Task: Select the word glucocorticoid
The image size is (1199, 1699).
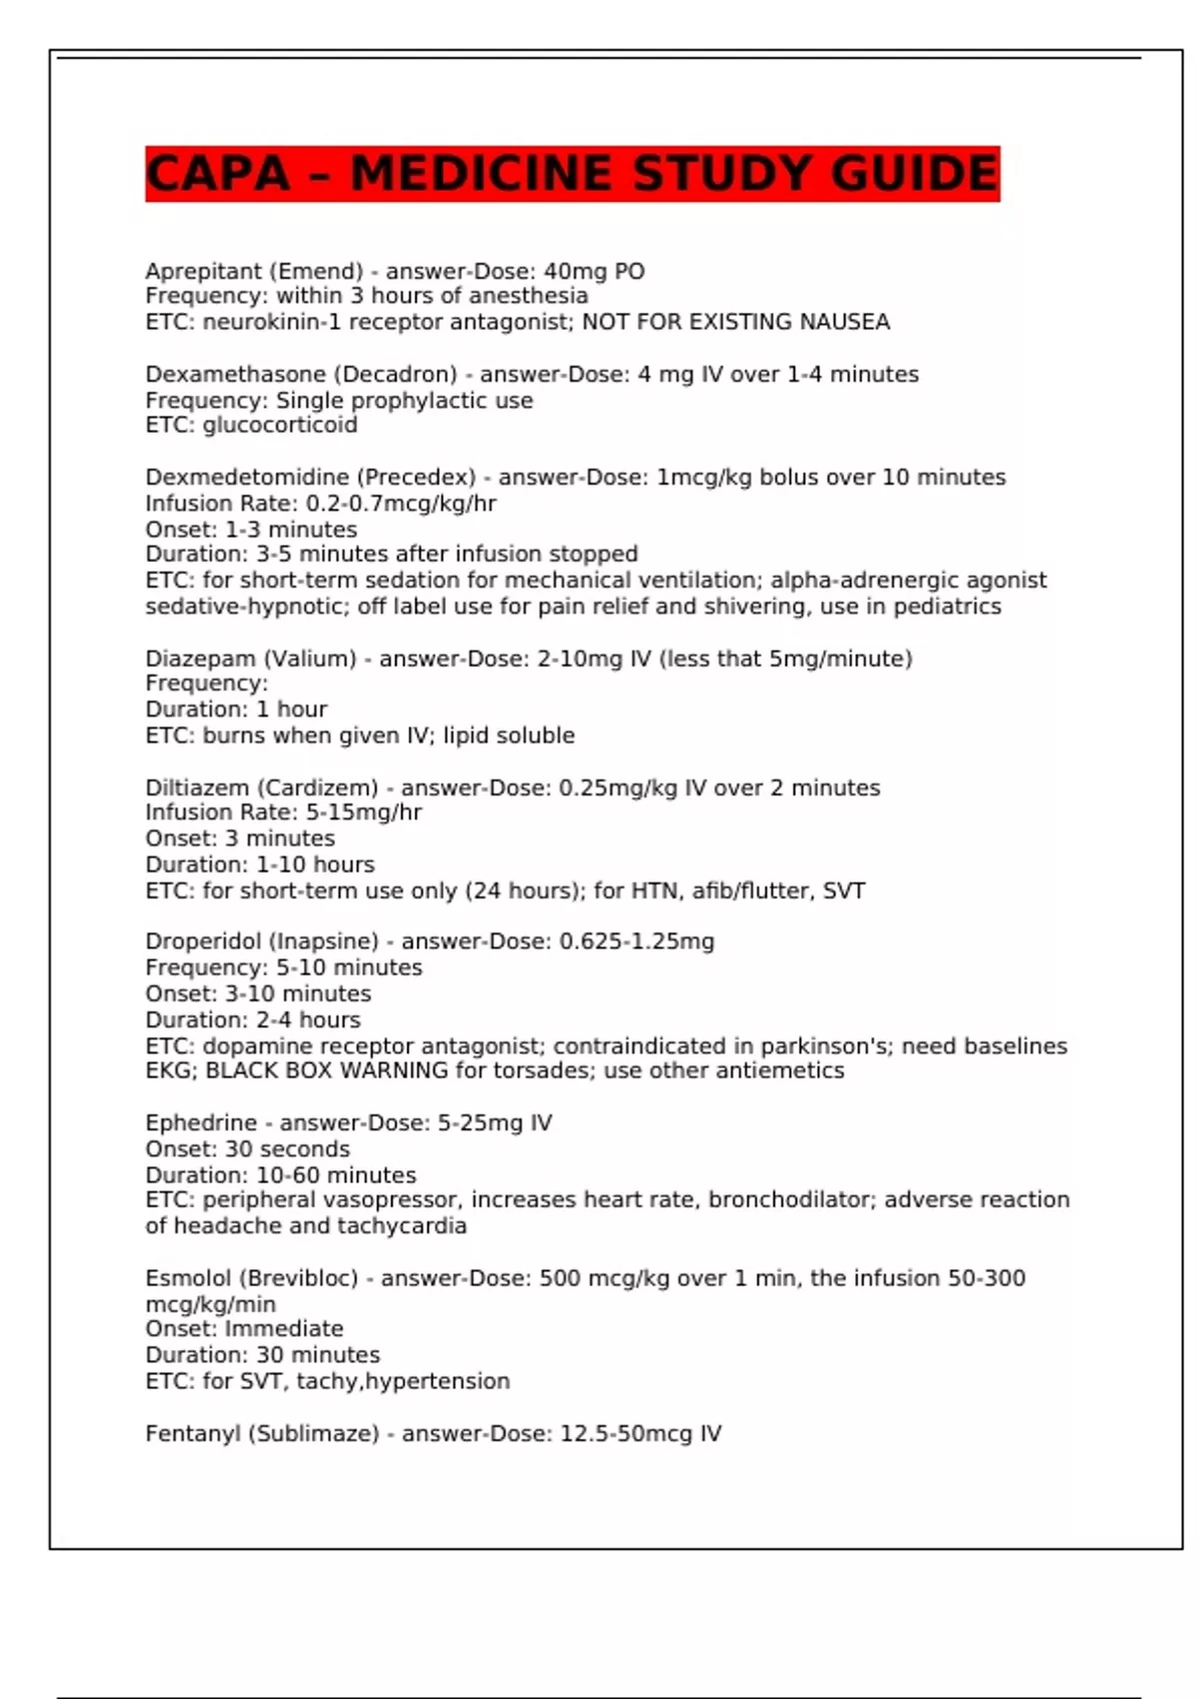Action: pyautogui.click(x=280, y=425)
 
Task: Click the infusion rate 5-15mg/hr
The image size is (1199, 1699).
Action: pyautogui.click(x=364, y=813)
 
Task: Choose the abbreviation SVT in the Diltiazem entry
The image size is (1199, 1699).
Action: pyautogui.click(x=843, y=890)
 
